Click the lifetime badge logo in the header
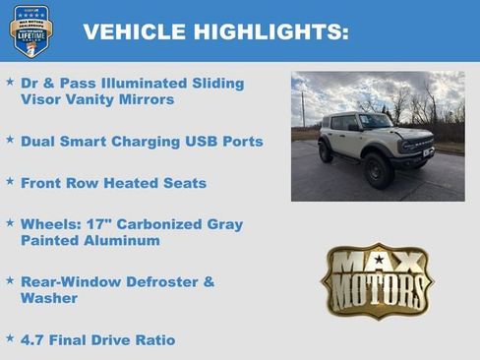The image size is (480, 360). point(30,30)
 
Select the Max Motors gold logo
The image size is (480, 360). point(377,281)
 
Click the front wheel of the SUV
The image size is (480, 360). point(379,170)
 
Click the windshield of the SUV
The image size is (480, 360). point(375,122)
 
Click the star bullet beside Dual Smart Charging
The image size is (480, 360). point(10,140)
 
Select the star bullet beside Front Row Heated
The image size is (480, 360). point(10,181)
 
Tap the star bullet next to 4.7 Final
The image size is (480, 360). point(10,338)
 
